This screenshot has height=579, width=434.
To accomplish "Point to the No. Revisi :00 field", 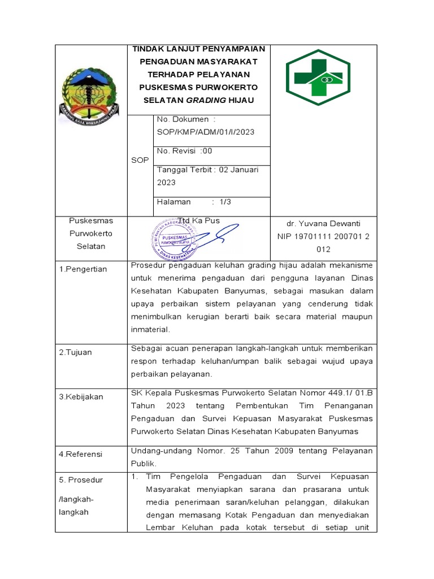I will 184,151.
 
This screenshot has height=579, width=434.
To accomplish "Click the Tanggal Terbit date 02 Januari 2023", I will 207,176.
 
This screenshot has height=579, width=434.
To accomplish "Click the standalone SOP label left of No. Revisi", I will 140,160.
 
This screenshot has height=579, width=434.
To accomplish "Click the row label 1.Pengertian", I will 83,269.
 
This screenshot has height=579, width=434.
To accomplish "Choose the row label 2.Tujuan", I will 76,352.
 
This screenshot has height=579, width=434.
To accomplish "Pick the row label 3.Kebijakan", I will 81,397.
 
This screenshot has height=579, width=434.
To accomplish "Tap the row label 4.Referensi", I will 81,453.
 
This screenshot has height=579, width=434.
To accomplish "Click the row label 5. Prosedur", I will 81,480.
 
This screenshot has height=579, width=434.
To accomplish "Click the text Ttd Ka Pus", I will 198,221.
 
